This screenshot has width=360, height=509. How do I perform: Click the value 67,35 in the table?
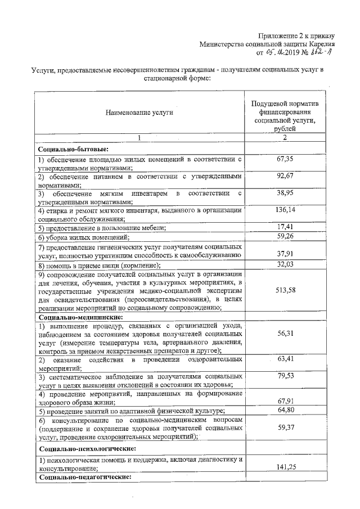tap(286, 160)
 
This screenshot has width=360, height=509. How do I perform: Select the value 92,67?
tap(286, 177)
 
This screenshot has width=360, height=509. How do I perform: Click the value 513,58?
tap(286, 290)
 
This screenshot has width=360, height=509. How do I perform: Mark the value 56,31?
tap(286, 333)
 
